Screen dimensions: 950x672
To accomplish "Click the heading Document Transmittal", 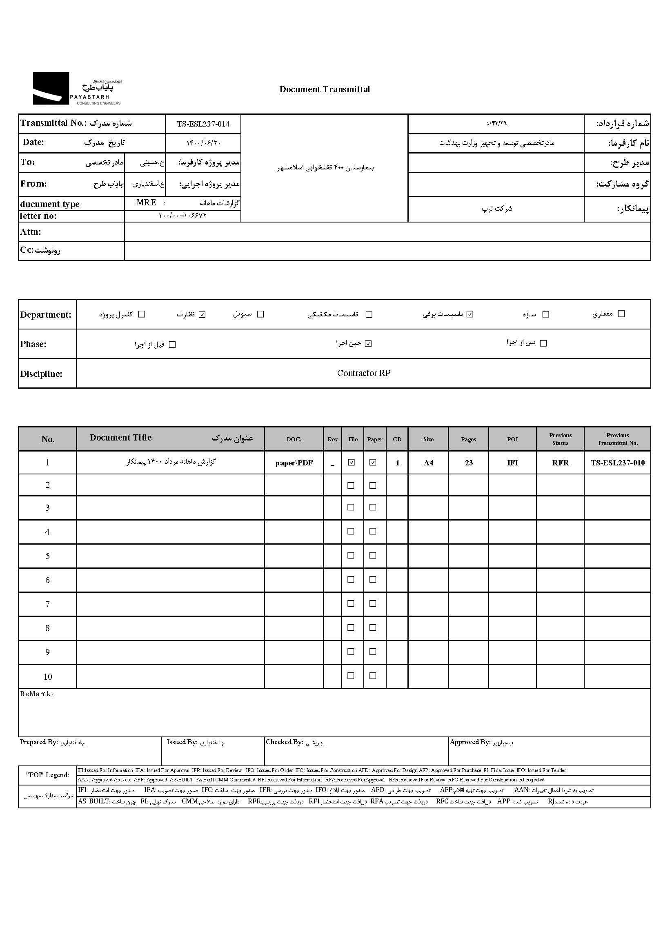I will coord(325,89).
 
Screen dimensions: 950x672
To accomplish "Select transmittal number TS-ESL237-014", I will coord(203,124).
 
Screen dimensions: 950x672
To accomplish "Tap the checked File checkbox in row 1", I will coord(352,463).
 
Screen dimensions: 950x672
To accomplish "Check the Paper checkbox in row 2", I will coord(373,486).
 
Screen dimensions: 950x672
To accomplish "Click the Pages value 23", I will coord(468,463).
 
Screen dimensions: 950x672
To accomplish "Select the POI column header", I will coord(512,439).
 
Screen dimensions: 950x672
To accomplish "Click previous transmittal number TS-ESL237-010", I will coord(617,463).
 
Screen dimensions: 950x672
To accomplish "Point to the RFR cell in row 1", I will coord(560,463).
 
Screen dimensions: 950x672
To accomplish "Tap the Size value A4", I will coord(428,463).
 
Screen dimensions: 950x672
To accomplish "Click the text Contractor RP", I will coord(363,373).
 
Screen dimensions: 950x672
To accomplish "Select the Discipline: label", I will coord(41,374).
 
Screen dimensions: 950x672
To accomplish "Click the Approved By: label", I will coord(470,742).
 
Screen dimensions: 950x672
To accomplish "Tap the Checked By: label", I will coord(284,742).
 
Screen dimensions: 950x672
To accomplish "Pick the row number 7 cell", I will coord(48,604).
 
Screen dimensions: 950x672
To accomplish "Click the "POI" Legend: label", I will coord(48,775).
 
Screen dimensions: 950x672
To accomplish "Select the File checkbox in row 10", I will coord(351,676).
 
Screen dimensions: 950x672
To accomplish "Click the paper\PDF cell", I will coord(294,463).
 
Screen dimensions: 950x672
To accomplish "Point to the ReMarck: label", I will coord(36,694).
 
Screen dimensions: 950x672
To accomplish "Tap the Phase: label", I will coord(33,344).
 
